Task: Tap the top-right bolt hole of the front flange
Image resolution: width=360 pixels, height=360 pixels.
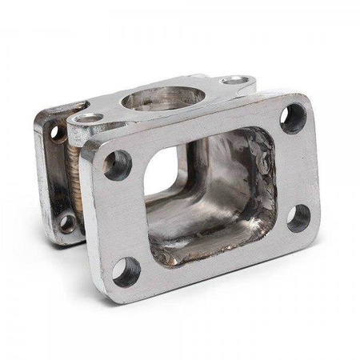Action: [293, 118]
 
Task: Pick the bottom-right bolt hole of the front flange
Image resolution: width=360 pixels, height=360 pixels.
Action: [298, 217]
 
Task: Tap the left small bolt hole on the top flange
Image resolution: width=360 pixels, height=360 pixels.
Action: [88, 118]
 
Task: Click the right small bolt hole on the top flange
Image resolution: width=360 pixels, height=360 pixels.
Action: [234, 80]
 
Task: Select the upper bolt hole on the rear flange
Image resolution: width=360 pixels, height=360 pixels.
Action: [57, 131]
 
